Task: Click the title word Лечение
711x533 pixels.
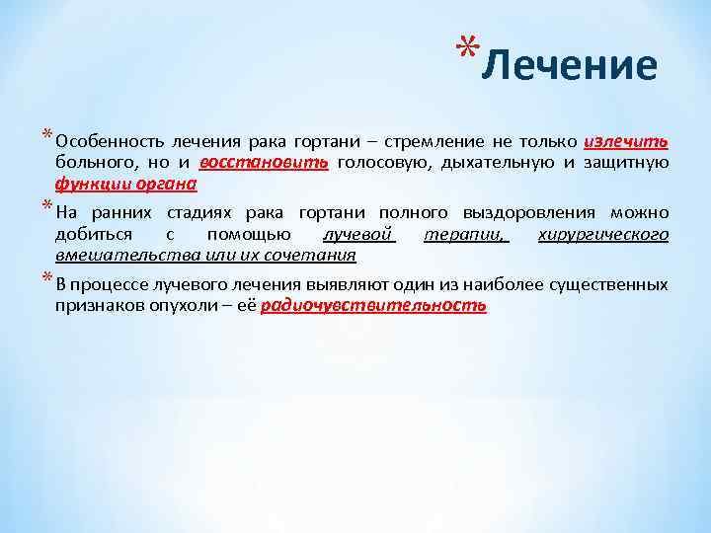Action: point(573,66)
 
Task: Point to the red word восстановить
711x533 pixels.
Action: point(264,162)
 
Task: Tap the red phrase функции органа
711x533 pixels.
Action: point(125,184)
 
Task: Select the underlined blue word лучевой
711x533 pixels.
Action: point(358,234)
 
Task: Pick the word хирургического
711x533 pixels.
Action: point(602,234)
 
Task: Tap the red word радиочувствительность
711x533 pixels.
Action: point(374,306)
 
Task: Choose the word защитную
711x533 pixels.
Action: point(628,162)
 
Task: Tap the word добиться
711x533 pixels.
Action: point(87,234)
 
